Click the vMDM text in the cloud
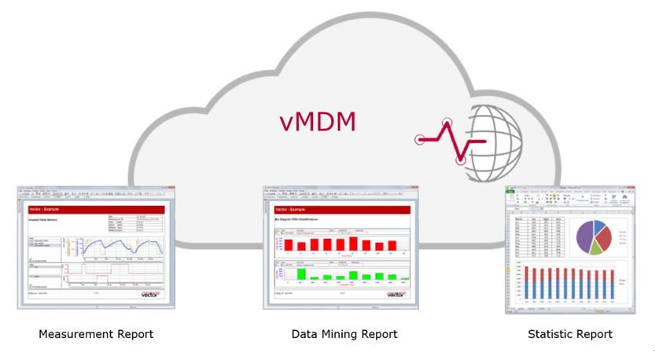pyautogui.click(x=318, y=122)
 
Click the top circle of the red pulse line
pyautogui.click(x=448, y=123)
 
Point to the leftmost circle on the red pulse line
pyautogui.click(x=421, y=140)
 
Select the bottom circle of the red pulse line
pyautogui.click(x=462, y=161)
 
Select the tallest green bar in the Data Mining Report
pyautogui.click(x=353, y=274)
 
